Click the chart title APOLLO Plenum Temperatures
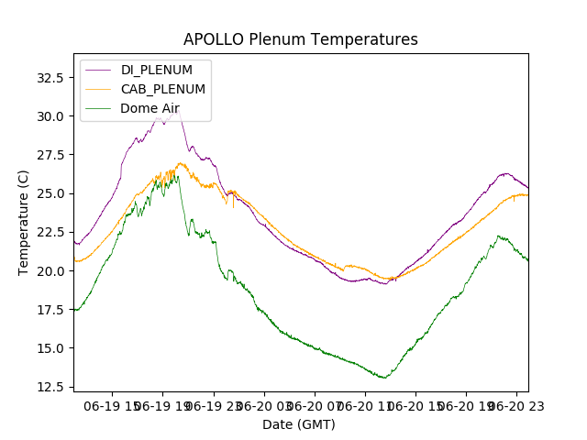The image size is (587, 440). [x=300, y=39]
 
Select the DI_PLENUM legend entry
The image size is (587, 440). [x=157, y=70]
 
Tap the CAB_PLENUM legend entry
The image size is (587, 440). [x=163, y=89]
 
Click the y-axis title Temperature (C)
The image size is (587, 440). [x=24, y=223]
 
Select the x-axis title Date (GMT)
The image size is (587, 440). [x=299, y=424]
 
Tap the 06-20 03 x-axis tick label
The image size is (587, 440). [x=264, y=404]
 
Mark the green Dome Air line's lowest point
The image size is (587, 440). [x=385, y=378]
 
